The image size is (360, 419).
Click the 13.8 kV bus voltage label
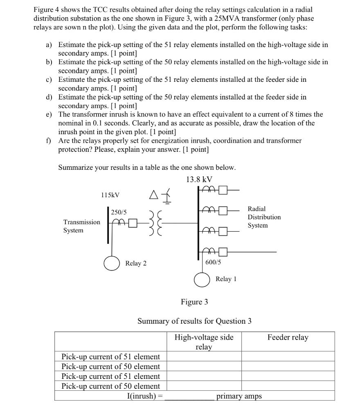pyautogui.click(x=199, y=179)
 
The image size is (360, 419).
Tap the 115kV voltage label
pyautogui.click(x=110, y=196)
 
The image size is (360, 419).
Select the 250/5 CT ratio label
pyautogui.click(x=119, y=212)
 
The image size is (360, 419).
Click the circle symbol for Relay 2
pyautogui.click(x=111, y=263)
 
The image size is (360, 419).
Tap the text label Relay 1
pyautogui.click(x=226, y=279)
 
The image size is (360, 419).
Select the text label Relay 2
pyautogui.click(x=136, y=263)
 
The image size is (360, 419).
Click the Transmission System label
pyautogui.click(x=81, y=226)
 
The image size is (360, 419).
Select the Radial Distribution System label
pyautogui.click(x=264, y=217)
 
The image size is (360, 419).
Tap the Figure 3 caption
pyautogui.click(x=194, y=302)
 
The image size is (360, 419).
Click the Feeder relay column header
pyautogui.click(x=288, y=338)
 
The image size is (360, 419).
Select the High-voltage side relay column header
pyautogui.click(x=204, y=342)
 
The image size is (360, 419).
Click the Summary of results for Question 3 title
pyautogui.click(x=194, y=321)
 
